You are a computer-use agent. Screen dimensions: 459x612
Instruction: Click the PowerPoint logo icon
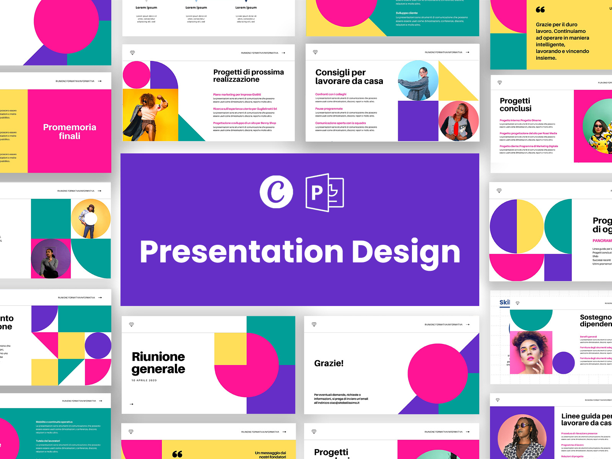tap(325, 192)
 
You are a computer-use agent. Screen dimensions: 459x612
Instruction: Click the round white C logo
tap(276, 192)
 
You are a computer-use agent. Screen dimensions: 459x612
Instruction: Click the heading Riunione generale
tap(158, 363)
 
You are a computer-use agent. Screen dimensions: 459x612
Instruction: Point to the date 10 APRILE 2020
tap(144, 381)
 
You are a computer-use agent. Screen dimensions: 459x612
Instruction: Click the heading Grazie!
tap(329, 363)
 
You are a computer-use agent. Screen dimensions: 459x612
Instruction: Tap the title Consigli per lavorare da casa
tap(349, 77)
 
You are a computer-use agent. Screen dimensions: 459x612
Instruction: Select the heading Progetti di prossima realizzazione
tap(248, 76)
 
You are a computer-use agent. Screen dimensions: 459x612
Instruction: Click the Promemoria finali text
tap(70, 132)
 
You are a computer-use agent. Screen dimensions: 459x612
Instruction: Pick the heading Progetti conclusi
tap(515, 104)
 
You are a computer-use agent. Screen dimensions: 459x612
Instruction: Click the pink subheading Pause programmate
tap(329, 109)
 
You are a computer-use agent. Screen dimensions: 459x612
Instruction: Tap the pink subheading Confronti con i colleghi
tap(330, 94)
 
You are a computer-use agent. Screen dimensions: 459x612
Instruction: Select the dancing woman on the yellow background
tap(150, 115)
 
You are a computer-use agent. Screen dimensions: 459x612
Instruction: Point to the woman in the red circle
tap(458, 122)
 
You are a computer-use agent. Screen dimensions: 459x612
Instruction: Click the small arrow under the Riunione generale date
tap(132, 404)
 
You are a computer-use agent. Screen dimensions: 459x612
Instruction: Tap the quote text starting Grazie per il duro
tap(562, 41)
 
